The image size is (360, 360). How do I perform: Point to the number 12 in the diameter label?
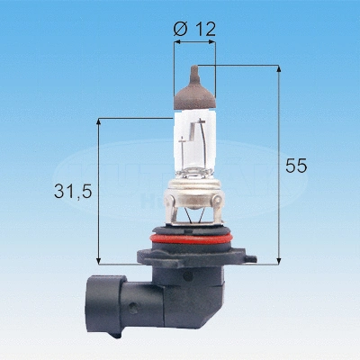click(204, 29)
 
